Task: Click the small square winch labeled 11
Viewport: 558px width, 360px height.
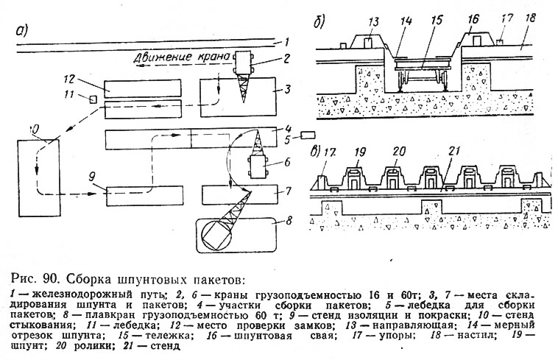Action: click(93, 99)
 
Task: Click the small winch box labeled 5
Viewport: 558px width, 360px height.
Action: click(308, 135)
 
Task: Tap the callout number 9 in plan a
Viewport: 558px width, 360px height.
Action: click(93, 176)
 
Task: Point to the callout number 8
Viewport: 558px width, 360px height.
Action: click(289, 221)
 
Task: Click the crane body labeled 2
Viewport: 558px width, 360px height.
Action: click(243, 63)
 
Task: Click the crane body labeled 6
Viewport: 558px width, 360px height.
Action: click(259, 166)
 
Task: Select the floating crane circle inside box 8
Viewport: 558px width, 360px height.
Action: click(216, 234)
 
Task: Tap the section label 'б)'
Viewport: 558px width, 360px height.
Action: click(319, 22)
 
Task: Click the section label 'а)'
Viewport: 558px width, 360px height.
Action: click(21, 31)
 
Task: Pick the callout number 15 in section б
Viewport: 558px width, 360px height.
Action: click(436, 21)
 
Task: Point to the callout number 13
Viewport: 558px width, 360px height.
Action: click(374, 22)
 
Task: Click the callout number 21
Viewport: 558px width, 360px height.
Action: click(453, 152)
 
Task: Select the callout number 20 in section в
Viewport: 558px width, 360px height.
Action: click(399, 152)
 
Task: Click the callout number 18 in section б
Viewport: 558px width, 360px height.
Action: click(530, 18)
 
